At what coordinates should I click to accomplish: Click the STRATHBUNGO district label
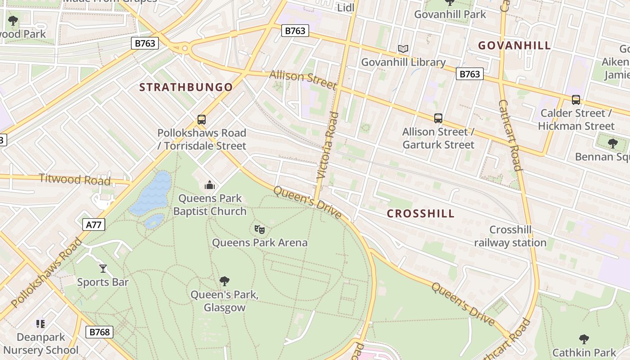click(186, 87)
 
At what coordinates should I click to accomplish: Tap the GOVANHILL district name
click(514, 45)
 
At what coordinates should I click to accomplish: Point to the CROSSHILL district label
click(421, 214)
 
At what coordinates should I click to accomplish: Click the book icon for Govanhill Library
click(403, 49)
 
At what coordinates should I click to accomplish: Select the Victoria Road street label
click(327, 146)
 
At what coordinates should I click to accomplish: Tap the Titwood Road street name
click(75, 179)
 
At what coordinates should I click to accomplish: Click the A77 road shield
click(94, 225)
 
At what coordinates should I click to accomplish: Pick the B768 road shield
click(99, 332)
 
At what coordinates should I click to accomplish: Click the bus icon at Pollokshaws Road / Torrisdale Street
click(202, 120)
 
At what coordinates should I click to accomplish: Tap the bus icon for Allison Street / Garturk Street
click(438, 118)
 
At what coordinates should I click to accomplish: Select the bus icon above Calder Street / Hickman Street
click(576, 100)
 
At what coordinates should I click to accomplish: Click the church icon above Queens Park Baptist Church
click(209, 185)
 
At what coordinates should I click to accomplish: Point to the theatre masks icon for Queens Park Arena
click(260, 229)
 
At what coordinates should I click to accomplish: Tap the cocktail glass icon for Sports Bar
click(103, 269)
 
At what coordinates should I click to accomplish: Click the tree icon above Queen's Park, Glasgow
click(224, 281)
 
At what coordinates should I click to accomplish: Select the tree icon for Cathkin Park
click(584, 339)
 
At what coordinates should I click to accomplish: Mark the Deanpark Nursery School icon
click(40, 324)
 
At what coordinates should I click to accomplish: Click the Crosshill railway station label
click(510, 236)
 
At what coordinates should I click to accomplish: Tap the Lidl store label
click(346, 7)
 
